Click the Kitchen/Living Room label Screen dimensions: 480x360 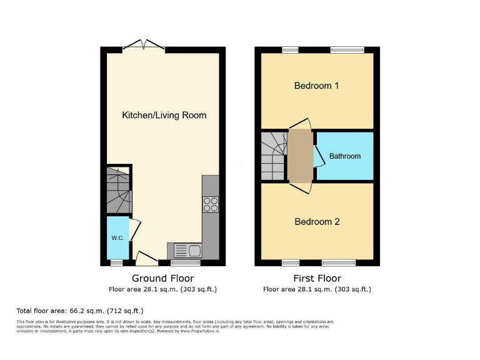pos(164,115)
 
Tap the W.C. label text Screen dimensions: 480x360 pos(118,238)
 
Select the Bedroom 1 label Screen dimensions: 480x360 pos(316,86)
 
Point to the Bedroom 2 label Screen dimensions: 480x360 pos(317,221)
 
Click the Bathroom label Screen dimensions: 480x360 pos(345,156)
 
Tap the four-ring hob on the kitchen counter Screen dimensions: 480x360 pos(211,204)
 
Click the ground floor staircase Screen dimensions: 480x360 pos(119,190)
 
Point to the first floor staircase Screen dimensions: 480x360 pos(274,156)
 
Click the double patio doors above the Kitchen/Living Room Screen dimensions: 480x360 pos(144,44)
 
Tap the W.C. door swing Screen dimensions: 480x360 pos(135,229)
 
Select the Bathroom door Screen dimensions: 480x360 pos(319,156)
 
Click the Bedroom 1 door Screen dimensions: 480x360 pos(301,123)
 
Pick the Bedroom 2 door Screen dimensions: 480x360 pos(301,188)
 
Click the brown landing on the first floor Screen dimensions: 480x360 pos(301,156)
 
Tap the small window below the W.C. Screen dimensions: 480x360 pos(117,262)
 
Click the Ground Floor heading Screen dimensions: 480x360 pos(163,278)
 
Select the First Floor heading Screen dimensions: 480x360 pos(317,278)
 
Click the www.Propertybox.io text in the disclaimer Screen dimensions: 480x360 pos(199,331)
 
